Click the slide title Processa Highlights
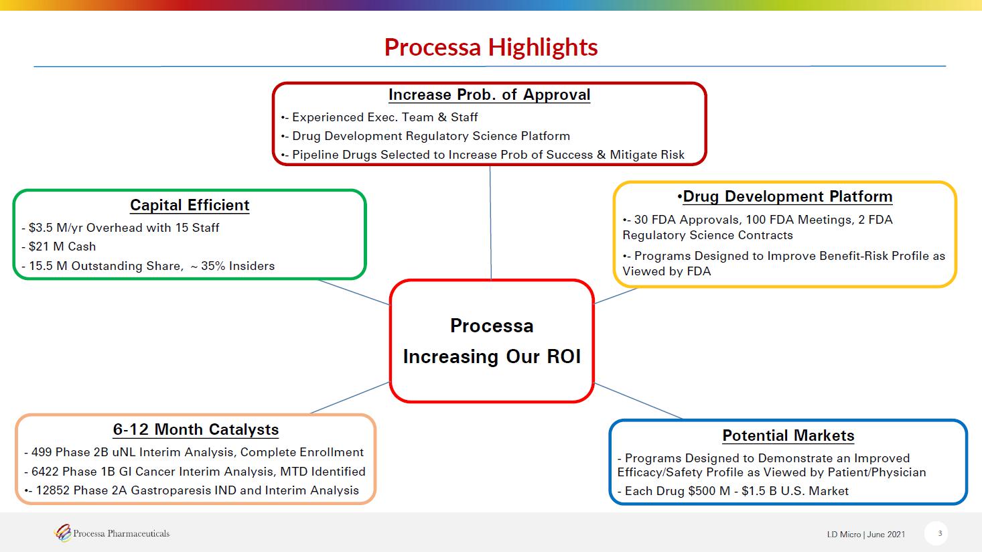491,47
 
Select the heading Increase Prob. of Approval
489,94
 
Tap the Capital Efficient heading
190,205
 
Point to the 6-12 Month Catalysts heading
196,429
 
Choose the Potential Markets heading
788,436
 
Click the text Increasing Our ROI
492,356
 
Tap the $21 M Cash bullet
62,247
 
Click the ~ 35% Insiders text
232,266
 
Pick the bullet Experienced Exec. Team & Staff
385,117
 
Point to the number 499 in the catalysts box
42,452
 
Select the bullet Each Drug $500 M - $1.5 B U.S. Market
737,491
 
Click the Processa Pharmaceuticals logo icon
63,533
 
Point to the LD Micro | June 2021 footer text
866,535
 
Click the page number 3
940,534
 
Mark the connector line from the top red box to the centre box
490,222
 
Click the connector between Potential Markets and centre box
638,401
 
